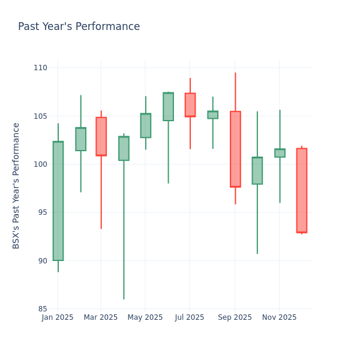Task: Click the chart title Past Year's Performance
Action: click(x=79, y=27)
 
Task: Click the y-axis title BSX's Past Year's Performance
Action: click(x=16, y=185)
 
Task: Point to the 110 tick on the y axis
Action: click(x=40, y=68)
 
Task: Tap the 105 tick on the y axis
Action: click(x=40, y=116)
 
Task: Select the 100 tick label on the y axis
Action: click(x=40, y=164)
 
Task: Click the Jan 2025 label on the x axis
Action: click(x=58, y=317)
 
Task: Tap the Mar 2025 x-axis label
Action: click(x=101, y=317)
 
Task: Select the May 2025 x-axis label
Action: click(x=145, y=317)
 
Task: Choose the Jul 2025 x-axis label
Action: click(x=190, y=317)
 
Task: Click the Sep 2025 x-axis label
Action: click(x=235, y=317)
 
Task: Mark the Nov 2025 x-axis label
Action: click(x=279, y=317)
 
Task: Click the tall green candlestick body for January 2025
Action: click(x=58, y=201)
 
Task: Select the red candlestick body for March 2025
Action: click(x=101, y=136)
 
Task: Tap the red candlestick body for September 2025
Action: click(x=235, y=149)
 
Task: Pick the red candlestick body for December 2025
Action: click(x=301, y=190)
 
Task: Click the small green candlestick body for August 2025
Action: click(x=212, y=115)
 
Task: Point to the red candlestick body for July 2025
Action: click(x=190, y=104)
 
